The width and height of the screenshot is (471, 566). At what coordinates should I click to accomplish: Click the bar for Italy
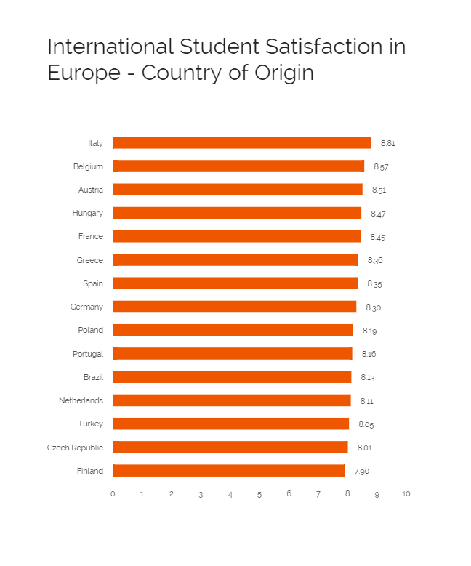point(241,143)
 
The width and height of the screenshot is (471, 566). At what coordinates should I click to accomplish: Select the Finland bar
point(228,471)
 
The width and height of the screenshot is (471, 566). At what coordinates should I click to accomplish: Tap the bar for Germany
point(234,307)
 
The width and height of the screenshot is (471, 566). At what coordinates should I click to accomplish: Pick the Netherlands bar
point(231,400)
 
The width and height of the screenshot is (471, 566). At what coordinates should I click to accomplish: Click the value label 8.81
point(388,144)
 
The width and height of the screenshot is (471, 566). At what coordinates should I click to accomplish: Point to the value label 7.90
point(362,472)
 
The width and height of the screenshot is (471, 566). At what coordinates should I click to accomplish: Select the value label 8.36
point(375,261)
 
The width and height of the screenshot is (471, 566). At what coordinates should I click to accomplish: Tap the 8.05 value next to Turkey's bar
point(366,425)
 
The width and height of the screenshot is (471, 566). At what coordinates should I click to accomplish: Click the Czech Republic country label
point(75,448)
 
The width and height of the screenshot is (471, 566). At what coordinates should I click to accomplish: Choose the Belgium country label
point(88,166)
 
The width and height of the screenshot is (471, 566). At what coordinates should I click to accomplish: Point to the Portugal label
point(88,354)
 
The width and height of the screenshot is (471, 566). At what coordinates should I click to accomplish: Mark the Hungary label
point(87,213)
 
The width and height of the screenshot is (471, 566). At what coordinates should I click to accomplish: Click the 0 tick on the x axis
point(113,494)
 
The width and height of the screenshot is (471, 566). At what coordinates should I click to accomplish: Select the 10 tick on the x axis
point(406,494)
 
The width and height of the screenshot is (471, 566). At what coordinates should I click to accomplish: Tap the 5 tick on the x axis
point(259,494)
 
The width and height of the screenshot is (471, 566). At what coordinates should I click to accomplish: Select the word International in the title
point(110,47)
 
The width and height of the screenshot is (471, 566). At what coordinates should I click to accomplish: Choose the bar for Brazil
point(232,377)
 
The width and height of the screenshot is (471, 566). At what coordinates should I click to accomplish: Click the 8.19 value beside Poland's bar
point(370,331)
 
